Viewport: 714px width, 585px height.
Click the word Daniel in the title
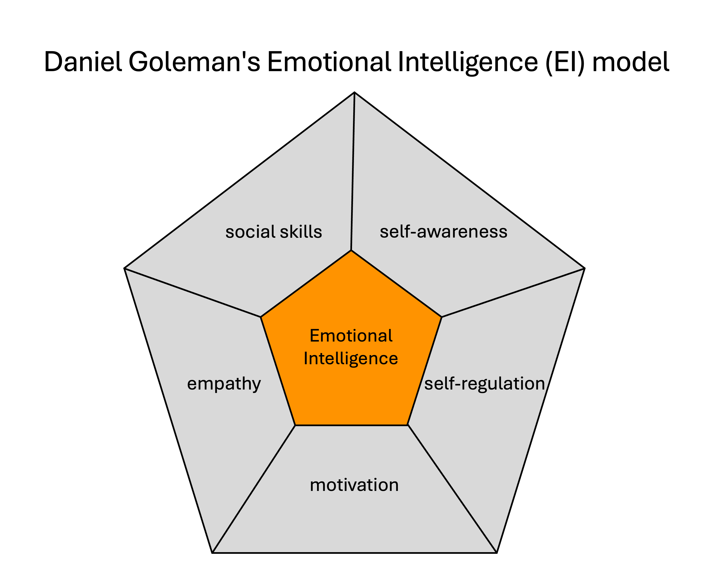[83, 62]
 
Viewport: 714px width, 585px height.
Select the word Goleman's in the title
[195, 62]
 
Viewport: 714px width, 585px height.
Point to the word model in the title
[630, 62]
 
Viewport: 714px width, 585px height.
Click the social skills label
[274, 232]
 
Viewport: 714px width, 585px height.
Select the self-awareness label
[444, 232]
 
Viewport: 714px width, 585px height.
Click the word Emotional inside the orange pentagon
[351, 336]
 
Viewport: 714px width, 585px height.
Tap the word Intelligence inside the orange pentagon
[351, 358]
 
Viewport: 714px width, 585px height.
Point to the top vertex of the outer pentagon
[355, 92]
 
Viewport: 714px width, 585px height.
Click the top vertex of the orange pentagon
[351, 250]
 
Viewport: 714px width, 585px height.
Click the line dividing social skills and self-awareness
[353, 172]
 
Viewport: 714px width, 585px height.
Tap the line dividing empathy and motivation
[254, 489]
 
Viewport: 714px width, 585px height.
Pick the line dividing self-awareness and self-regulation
[513, 293]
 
